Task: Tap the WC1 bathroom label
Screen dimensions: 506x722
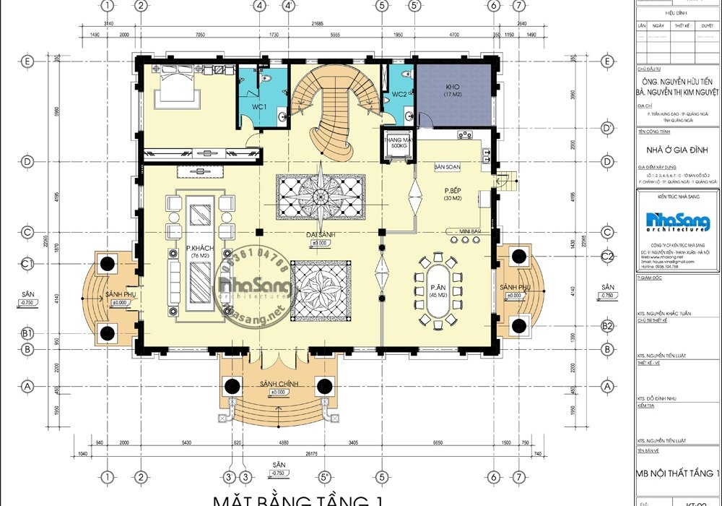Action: point(259,108)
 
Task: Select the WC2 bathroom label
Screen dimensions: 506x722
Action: point(399,95)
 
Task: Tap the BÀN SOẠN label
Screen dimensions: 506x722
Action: point(447,167)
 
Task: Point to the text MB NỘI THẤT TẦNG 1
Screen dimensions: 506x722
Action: point(677,473)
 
